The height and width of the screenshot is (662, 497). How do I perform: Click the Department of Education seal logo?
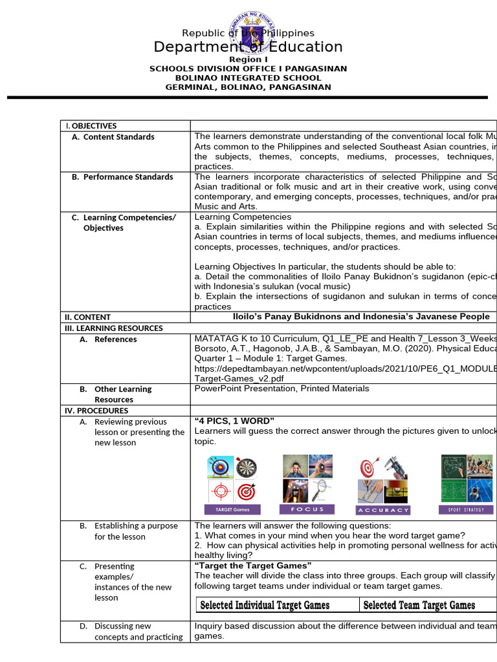pos(248,32)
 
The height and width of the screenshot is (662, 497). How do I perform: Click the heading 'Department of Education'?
pos(248,47)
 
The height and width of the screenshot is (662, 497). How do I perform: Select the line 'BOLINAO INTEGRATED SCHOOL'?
pos(248,78)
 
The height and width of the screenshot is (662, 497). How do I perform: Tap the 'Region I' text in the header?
pos(248,59)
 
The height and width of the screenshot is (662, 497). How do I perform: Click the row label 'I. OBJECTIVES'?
pos(90,126)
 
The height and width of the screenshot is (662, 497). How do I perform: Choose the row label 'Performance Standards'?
pos(128,177)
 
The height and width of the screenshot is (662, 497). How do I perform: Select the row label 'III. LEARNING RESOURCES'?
pos(113,328)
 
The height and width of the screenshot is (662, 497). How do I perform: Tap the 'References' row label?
pos(115,339)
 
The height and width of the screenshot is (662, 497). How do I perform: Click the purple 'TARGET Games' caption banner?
pos(232,509)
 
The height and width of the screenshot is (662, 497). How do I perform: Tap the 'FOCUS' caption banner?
pos(307,509)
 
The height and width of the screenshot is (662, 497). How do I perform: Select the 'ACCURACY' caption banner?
pos(384,510)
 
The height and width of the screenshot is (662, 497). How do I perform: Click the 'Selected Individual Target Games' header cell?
pos(265,605)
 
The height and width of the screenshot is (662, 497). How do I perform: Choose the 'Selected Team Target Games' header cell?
pos(419,605)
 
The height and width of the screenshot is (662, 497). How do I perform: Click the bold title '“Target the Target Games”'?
pos(253,566)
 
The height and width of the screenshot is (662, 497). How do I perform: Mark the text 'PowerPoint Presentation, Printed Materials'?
pos(282,389)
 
